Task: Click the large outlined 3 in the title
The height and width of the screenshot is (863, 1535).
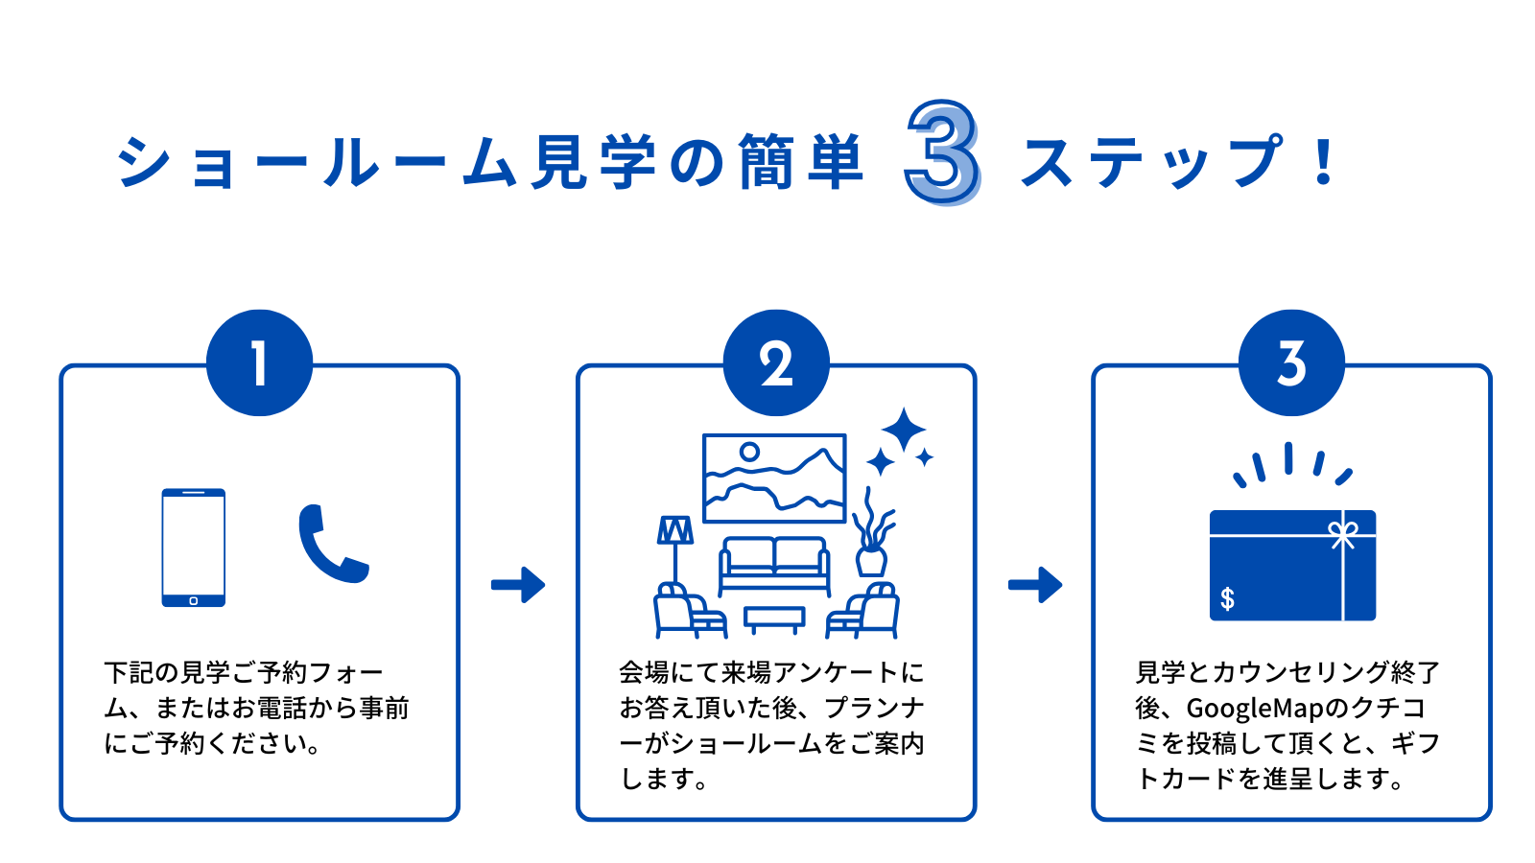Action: pos(942,152)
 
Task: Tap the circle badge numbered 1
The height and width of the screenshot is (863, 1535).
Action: pos(259,362)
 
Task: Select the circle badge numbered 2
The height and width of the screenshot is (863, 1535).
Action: pos(775,362)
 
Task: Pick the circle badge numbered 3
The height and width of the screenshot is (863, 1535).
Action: pos(1291,362)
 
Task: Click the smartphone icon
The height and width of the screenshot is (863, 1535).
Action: pos(193,548)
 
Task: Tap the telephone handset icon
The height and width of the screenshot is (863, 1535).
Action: pos(332,544)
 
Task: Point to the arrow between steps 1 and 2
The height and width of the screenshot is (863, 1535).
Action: pos(518,584)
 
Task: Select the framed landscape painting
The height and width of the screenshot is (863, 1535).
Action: pos(774,478)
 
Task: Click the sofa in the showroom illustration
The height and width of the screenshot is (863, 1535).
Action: pos(774,566)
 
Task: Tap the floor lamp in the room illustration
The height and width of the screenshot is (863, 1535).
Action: pos(675,547)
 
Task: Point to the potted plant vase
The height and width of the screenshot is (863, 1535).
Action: pos(871,560)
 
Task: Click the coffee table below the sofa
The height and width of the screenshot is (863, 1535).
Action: pos(774,618)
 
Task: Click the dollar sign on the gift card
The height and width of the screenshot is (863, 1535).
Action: pos(1227,599)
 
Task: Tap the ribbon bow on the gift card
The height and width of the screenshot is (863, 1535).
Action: pos(1342,534)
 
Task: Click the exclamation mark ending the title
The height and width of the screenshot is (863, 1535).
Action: pos(1324,161)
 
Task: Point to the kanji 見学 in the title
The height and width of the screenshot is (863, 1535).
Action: pos(595,161)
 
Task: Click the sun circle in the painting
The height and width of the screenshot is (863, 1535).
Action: pos(749,451)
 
